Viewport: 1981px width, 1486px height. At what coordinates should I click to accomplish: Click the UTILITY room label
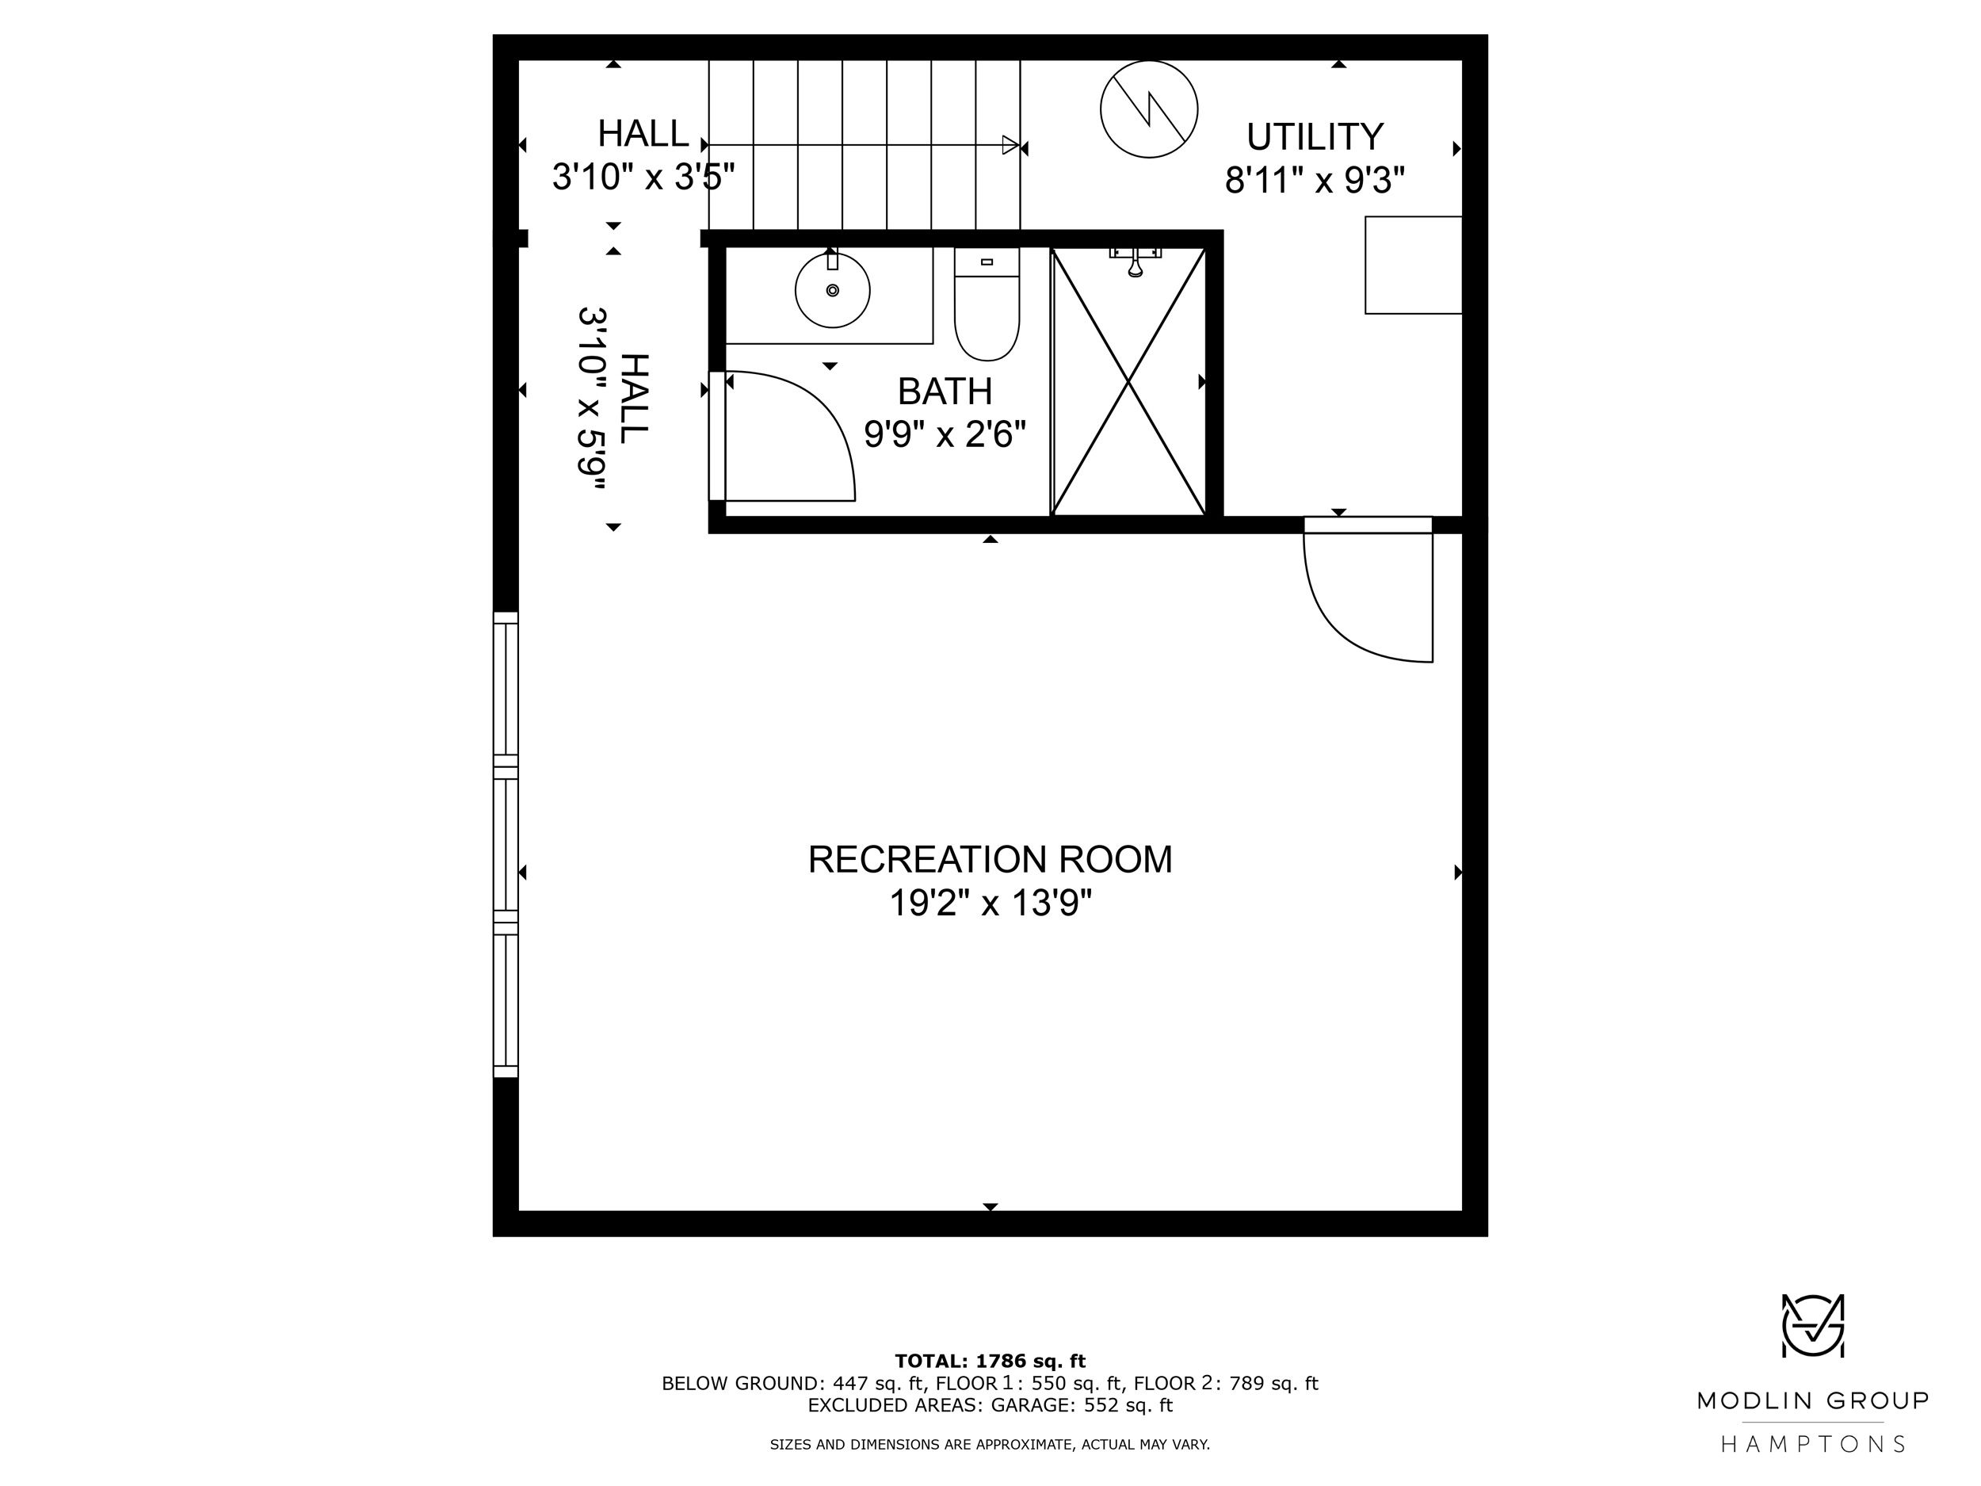tap(1315, 137)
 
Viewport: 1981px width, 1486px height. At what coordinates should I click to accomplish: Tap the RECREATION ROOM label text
tap(990, 860)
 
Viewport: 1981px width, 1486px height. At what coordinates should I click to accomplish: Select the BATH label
tap(945, 392)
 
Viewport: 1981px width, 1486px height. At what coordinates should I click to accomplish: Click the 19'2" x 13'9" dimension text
tap(990, 903)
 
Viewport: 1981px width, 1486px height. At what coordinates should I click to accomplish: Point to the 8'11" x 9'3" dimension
tap(1315, 181)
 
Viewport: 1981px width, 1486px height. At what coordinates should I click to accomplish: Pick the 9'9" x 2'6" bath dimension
tap(945, 435)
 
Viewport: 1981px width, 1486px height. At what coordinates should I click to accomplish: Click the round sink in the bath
tap(832, 290)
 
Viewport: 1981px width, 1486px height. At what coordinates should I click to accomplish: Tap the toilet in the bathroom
tap(986, 304)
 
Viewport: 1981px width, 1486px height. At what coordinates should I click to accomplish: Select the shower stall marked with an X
tap(1128, 383)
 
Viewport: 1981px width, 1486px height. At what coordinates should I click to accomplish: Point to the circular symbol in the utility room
tap(1149, 109)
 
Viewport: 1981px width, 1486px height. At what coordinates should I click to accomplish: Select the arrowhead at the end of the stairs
tap(1011, 145)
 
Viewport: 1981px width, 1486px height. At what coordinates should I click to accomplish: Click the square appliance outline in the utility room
tap(1413, 265)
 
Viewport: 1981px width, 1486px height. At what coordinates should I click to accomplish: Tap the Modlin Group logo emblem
tap(1813, 1326)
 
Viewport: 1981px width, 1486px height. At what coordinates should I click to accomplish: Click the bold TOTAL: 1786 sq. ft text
tap(990, 1362)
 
